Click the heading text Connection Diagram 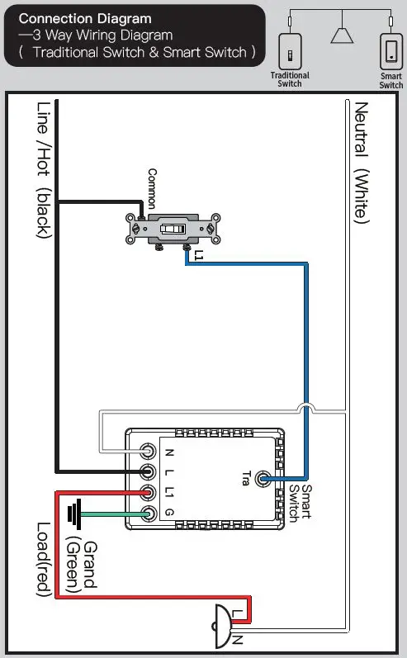point(85,18)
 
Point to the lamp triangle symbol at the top point(341,34)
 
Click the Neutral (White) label point(360,163)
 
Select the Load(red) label point(43,557)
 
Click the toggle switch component point(173,229)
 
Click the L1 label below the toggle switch point(197,257)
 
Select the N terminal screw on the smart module point(148,452)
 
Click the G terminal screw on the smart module point(148,514)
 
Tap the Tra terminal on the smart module point(264,478)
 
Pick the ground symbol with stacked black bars point(76,515)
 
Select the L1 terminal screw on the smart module point(148,494)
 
